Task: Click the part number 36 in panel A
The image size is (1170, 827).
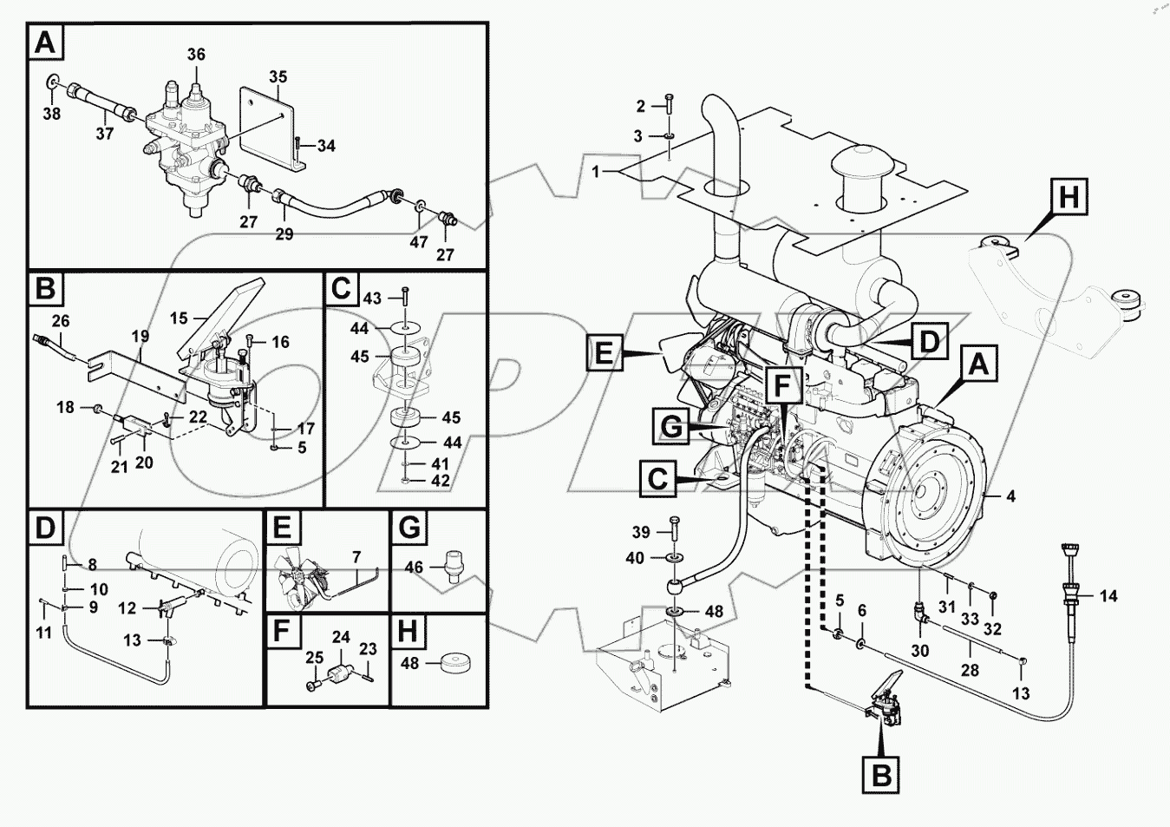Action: click(196, 55)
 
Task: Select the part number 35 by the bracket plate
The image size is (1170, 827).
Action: click(278, 77)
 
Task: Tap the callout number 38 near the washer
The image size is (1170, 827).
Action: click(51, 114)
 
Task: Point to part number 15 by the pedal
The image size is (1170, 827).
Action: click(179, 318)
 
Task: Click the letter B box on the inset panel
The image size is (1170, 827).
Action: click(46, 288)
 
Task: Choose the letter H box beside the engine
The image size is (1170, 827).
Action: click(1069, 197)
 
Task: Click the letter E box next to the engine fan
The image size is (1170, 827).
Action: click(604, 354)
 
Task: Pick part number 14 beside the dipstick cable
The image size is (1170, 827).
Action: click(1108, 596)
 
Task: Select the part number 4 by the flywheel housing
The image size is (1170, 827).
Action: click(1010, 496)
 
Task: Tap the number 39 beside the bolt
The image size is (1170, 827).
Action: click(640, 532)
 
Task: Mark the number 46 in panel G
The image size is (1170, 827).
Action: click(414, 568)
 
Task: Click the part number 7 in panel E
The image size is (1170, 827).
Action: click(356, 557)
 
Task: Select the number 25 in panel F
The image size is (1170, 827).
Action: click(313, 659)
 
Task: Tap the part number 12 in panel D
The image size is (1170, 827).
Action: click(127, 608)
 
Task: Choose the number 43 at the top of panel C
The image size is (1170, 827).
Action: click(371, 299)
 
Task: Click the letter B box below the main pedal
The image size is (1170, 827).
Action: click(881, 774)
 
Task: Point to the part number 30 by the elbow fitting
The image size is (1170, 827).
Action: click(919, 650)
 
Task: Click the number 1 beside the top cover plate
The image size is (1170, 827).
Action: click(596, 172)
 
